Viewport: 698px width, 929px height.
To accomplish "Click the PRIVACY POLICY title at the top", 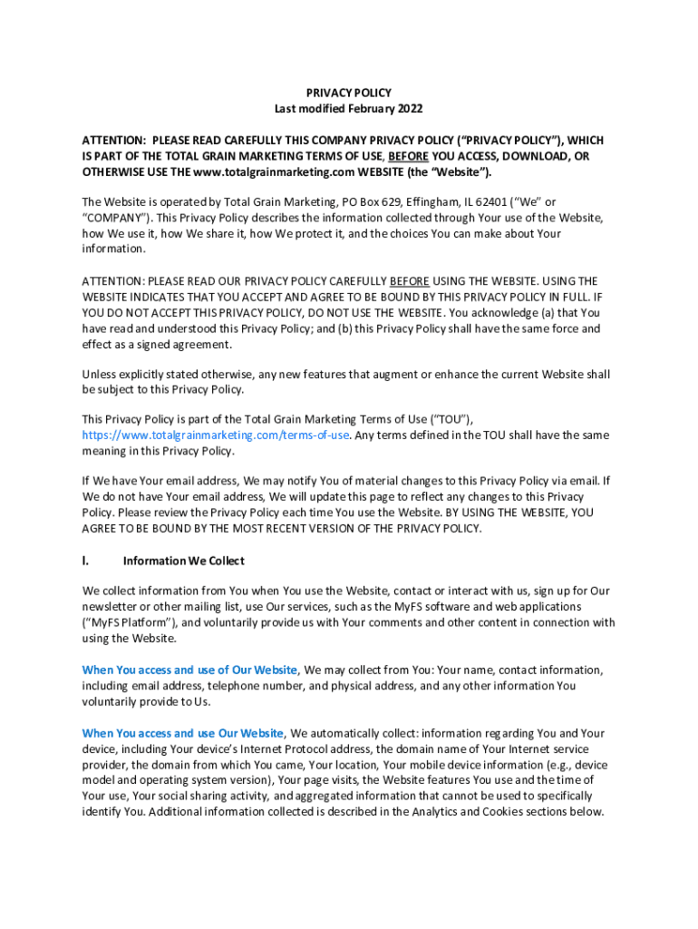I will click(348, 93).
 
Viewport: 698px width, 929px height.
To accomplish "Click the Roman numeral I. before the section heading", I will click(86, 561).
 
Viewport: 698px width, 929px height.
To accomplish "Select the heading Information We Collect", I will click(183, 561).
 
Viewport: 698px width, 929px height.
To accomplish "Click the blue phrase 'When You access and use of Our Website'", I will click(189, 670).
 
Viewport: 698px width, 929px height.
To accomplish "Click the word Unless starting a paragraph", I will click(100, 375).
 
